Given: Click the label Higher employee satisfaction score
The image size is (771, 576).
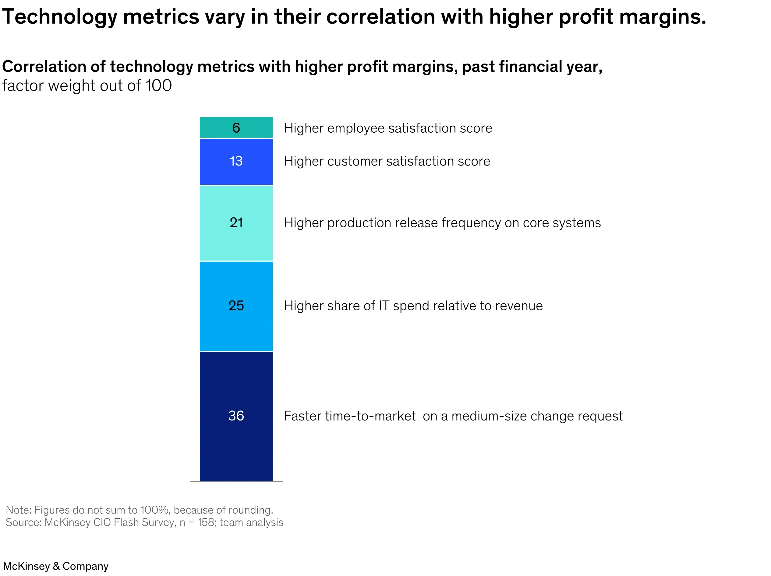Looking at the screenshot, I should coord(387,128).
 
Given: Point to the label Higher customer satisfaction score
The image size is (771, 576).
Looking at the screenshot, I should coord(387,161).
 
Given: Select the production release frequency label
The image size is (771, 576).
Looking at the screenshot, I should coord(442,223).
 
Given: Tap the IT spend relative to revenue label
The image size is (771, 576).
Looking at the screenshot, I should coord(413,306).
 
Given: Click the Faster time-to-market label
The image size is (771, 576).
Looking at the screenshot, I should coord(453,416).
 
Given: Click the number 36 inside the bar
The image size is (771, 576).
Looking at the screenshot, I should coord(236,416).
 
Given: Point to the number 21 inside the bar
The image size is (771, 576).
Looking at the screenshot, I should coord(236,222).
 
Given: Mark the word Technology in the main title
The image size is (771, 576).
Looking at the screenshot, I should coord(60,17).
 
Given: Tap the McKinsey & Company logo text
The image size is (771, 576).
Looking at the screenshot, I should coord(56,566).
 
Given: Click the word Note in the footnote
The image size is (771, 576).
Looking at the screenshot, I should coord(18,510).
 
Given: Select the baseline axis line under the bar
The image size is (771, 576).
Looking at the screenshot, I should coord(236,482).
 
